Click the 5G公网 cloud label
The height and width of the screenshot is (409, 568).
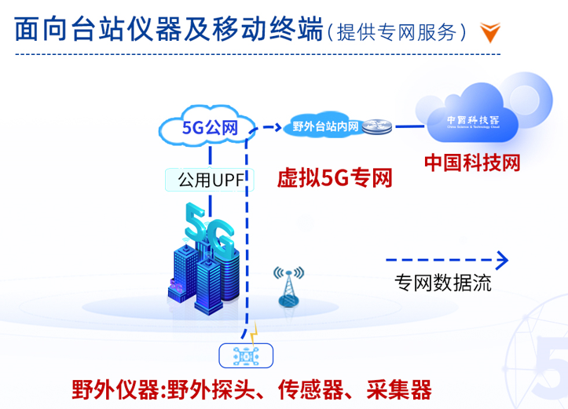pos(209,127)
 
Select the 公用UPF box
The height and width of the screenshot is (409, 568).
pos(207,180)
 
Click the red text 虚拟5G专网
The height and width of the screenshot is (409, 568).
pos(334,178)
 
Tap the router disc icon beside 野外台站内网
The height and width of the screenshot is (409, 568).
pos(379,126)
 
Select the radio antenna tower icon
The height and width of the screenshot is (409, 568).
pos(289,286)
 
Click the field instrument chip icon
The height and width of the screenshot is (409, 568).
pos(246,356)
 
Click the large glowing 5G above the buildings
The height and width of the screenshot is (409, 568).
pos(209,229)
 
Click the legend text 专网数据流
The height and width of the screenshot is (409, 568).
pos(443,283)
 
